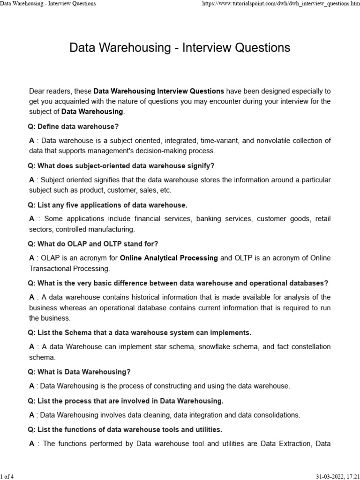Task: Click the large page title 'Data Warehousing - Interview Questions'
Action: click(x=180, y=47)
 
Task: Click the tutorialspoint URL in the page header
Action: click(x=280, y=4)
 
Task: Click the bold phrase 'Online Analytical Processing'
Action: click(x=169, y=258)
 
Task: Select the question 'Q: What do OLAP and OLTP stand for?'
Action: click(x=93, y=244)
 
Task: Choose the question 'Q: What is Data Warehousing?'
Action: click(x=79, y=372)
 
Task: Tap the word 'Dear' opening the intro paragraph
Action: click(x=37, y=91)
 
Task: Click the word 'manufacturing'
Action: click(x=112, y=229)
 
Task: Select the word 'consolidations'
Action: click(x=275, y=415)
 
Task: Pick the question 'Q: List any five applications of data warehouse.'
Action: click(x=107, y=205)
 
